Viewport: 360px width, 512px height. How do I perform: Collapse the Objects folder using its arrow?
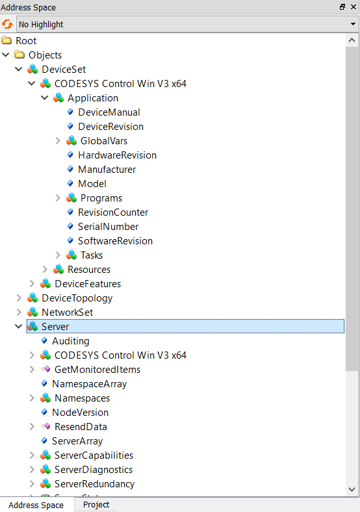(6, 55)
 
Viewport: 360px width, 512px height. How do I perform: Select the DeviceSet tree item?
(64, 70)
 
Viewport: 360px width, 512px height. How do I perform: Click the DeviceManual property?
(109, 112)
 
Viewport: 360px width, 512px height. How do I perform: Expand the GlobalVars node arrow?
(58, 141)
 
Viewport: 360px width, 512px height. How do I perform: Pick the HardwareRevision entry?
(117, 155)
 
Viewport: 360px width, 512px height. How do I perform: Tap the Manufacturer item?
(107, 170)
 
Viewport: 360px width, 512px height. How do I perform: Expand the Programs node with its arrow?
(58, 198)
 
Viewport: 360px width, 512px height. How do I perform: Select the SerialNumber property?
(108, 227)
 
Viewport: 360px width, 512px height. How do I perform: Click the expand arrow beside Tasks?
(58, 255)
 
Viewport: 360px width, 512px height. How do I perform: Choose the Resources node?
(89, 270)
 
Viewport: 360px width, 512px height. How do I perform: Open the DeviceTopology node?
(77, 298)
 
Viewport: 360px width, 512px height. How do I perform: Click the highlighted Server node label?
(55, 327)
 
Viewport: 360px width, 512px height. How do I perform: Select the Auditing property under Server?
(71, 341)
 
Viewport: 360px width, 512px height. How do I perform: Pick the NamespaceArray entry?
(89, 384)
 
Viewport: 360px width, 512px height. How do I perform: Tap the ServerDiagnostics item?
(94, 470)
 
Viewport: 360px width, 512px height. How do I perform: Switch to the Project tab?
(96, 504)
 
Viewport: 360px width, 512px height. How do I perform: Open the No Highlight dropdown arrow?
(353, 24)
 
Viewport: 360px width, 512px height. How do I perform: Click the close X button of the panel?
(353, 7)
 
